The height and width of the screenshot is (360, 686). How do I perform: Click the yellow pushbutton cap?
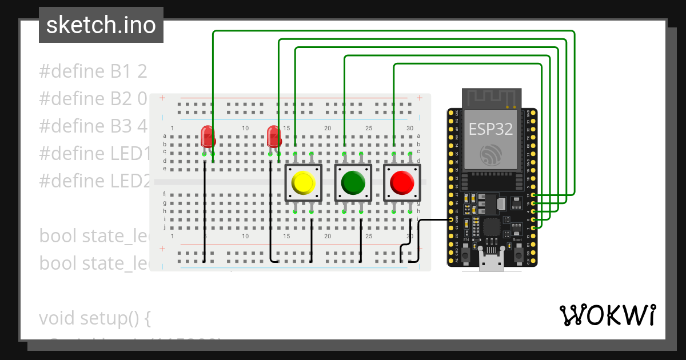(x=303, y=183)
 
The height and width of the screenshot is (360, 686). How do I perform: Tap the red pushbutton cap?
(x=402, y=183)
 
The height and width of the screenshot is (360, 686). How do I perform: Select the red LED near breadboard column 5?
(x=208, y=137)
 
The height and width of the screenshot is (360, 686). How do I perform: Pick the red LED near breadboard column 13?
(x=273, y=137)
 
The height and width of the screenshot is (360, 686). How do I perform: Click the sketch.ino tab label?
(x=101, y=25)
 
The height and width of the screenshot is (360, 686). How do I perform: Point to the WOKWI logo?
(x=608, y=315)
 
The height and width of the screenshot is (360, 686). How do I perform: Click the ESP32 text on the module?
(x=490, y=129)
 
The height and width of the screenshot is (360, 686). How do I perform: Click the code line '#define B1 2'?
(x=93, y=71)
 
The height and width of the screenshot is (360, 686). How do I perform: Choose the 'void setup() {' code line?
(x=94, y=318)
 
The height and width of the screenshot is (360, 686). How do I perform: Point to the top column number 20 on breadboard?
(x=328, y=129)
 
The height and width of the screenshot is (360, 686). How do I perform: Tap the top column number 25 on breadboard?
(x=369, y=129)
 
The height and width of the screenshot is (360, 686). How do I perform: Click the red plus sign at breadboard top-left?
(x=162, y=98)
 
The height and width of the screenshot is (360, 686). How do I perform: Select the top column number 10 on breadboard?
(x=245, y=129)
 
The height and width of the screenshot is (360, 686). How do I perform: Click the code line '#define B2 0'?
(x=93, y=98)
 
